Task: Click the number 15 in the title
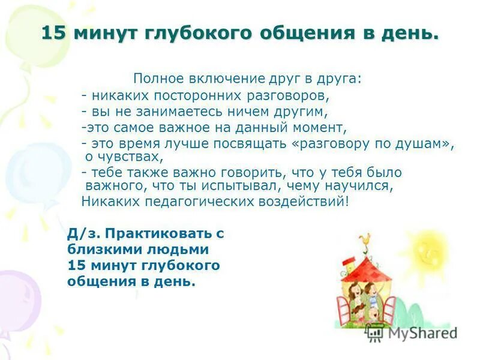[x=53, y=33]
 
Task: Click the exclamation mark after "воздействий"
[x=346, y=201]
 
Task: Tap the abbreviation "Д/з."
[x=80, y=233]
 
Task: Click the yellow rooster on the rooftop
[x=365, y=239]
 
